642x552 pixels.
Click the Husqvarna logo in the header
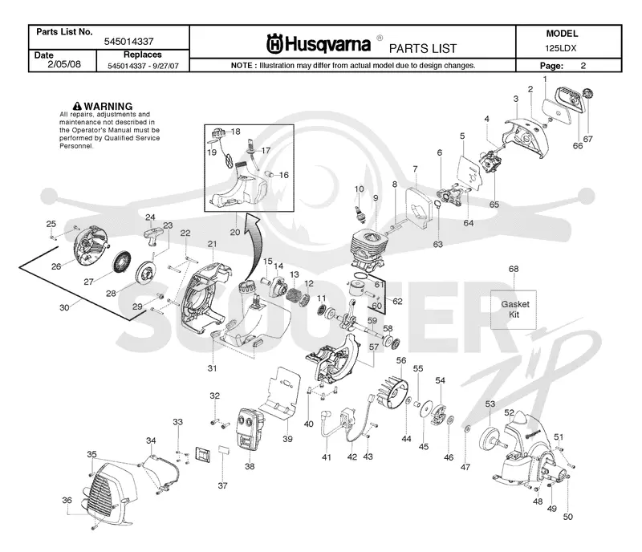(x=319, y=43)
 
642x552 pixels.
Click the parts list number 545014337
(x=128, y=42)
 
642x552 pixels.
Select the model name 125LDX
(x=560, y=48)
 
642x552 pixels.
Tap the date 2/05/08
(x=64, y=64)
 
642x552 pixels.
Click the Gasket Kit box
(x=514, y=310)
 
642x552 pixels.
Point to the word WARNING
(x=108, y=106)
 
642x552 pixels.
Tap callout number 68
(x=514, y=269)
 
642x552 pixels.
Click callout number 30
(x=64, y=307)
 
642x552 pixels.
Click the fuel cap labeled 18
(x=218, y=132)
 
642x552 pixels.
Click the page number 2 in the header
(x=583, y=66)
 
